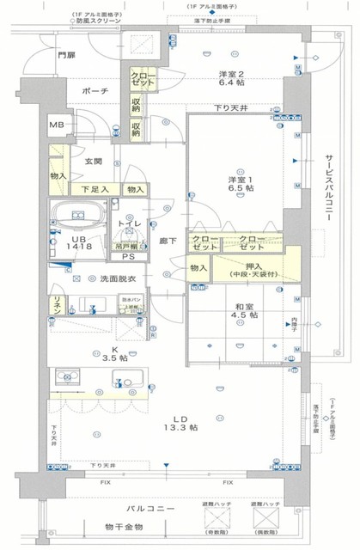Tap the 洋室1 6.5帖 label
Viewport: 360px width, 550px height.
[x=240, y=183]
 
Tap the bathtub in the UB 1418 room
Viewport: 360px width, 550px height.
[x=78, y=214]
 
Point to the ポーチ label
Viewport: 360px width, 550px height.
[x=95, y=90]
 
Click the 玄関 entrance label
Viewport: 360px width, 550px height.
[x=93, y=162]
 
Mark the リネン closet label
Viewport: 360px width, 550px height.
[x=56, y=302]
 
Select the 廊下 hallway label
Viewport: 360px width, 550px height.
[x=168, y=241]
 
